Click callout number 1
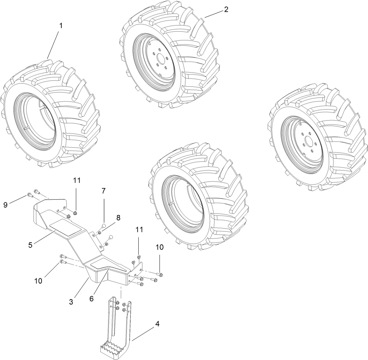(61, 26)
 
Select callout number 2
(226, 9)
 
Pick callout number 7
(103, 191)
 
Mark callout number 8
(118, 217)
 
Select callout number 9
(5, 204)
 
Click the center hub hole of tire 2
(162, 61)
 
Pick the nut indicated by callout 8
(100, 233)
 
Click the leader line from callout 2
(213, 14)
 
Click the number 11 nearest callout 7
(77, 180)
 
